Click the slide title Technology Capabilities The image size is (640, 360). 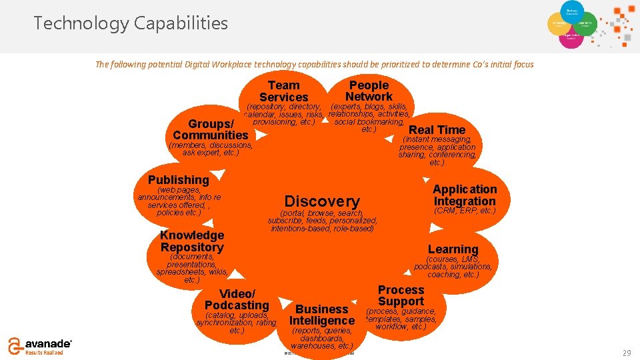coord(131,24)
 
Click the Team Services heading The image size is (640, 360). coord(283,91)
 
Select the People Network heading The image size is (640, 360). coord(369,91)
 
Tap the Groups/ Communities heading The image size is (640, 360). coord(211,130)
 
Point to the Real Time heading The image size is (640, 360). coord(437,130)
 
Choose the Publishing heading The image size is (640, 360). coord(178,180)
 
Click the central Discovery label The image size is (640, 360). coord(322,201)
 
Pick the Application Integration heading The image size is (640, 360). coord(465,195)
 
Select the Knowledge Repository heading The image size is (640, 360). coord(192,241)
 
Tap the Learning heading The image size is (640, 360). coord(453,249)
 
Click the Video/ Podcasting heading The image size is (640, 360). coord(237,300)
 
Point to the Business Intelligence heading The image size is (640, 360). coord(322,315)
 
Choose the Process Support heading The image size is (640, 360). coord(401,295)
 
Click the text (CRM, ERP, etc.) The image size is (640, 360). coord(465,211)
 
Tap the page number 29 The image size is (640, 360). coord(626,353)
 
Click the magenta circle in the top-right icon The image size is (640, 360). coord(571,38)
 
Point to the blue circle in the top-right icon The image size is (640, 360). coord(571,11)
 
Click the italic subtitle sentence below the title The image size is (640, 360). coord(314,65)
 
